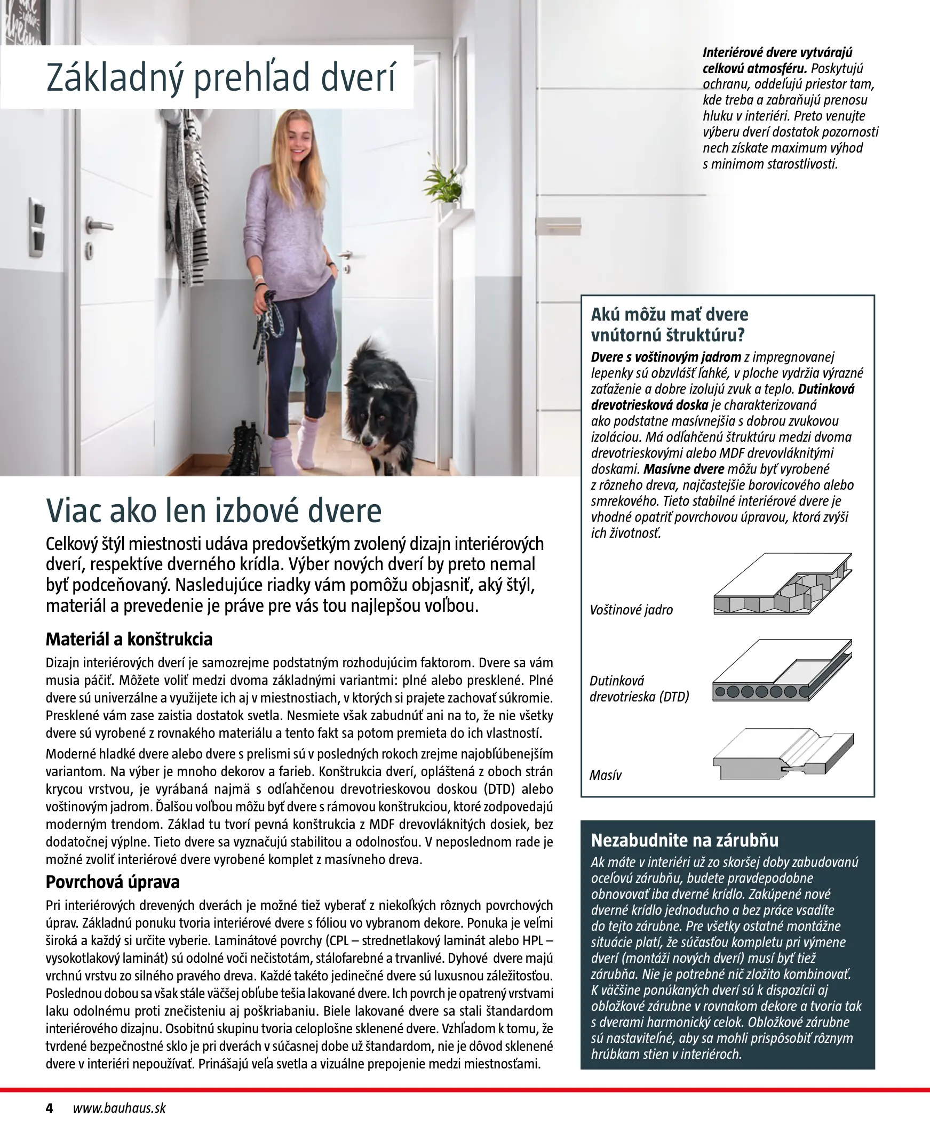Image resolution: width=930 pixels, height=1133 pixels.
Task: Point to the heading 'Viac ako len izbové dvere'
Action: (x=214, y=511)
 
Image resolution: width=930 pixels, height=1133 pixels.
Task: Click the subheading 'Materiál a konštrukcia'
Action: (x=129, y=640)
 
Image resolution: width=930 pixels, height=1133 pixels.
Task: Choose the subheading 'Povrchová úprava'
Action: (x=113, y=882)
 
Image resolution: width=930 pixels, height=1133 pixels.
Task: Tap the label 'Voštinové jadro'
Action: (x=631, y=610)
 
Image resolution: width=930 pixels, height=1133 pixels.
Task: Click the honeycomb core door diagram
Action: (x=783, y=584)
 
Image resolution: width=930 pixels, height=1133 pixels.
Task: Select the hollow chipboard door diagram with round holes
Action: (x=783, y=672)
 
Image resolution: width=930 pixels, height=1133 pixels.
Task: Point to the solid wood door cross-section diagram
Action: (x=783, y=754)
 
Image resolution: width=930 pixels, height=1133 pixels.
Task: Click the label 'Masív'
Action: (x=606, y=775)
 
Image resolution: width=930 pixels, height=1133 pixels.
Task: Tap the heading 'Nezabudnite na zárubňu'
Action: (x=685, y=841)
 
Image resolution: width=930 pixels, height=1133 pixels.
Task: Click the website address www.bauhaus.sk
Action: (x=119, y=1108)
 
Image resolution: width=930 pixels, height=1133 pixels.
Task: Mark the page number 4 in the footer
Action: (x=49, y=1108)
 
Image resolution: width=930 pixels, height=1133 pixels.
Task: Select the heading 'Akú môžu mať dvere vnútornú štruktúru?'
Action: (x=669, y=325)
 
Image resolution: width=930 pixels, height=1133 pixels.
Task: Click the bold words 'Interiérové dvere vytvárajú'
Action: (x=777, y=53)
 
